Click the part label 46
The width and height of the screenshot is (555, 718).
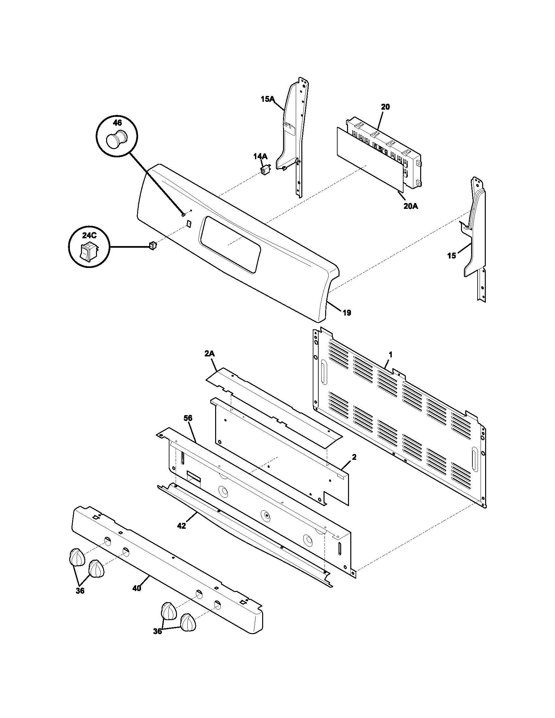[x=117, y=123]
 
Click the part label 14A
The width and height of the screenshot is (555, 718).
[x=260, y=156]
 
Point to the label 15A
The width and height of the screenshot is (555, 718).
[x=267, y=99]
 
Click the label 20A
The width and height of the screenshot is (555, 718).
[x=411, y=207]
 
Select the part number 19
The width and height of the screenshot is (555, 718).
[x=347, y=313]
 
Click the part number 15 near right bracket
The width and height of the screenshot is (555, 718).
[x=452, y=256]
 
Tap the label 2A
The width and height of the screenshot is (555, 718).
[x=210, y=354]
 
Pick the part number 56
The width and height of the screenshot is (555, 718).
[x=188, y=418]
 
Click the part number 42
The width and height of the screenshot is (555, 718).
[x=181, y=526]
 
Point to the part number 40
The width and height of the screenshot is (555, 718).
[x=137, y=588]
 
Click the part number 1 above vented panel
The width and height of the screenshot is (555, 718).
[x=390, y=355]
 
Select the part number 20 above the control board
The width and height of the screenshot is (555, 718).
[x=385, y=107]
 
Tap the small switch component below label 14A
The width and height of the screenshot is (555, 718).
[x=265, y=170]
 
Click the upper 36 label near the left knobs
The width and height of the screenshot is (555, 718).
[x=80, y=591]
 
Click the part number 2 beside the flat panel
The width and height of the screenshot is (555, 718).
[x=354, y=457]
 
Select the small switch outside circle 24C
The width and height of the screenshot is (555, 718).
[x=152, y=244]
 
